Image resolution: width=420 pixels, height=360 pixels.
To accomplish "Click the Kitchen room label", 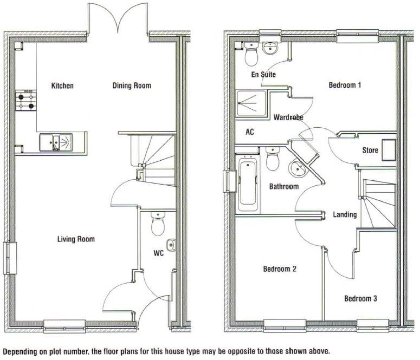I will tap(62, 86).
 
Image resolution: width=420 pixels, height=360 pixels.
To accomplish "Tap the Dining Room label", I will tap(131, 86).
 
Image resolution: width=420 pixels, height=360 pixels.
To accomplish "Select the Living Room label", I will tap(76, 239).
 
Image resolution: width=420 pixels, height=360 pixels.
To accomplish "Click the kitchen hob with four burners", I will tap(25, 101).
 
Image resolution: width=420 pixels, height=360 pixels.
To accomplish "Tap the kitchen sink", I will tap(59, 143).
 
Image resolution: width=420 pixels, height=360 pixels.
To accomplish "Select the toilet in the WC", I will tap(158, 225).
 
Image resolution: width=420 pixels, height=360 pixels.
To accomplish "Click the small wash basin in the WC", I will tap(171, 245).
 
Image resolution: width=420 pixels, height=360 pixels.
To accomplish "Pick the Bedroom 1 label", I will tap(345, 85).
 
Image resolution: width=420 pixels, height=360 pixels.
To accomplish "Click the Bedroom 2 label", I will tap(279, 269).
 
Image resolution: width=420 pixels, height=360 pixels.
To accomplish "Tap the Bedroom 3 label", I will tap(360, 298).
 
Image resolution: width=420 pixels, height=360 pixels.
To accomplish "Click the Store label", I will tap(370, 150).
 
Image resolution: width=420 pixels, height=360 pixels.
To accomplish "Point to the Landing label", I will tap(345, 214).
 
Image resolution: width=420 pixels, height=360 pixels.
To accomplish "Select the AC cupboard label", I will tap(250, 132).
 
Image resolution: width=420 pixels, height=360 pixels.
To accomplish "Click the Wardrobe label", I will tap(288, 117).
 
